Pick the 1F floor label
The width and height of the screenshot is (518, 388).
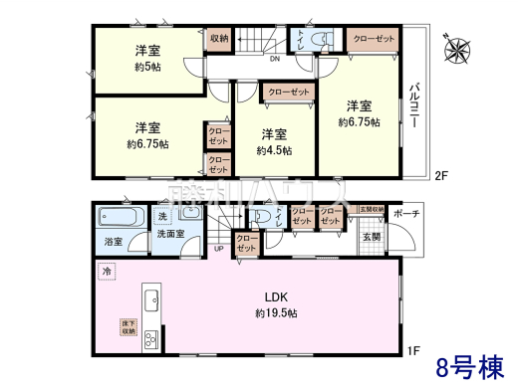(413, 349)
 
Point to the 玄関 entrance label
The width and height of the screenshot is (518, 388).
(371, 236)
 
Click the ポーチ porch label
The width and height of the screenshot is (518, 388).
(405, 214)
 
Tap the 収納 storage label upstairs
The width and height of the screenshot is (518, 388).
(219, 38)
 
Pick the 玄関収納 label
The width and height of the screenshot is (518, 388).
(371, 210)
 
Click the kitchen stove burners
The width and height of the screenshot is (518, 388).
(151, 338)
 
